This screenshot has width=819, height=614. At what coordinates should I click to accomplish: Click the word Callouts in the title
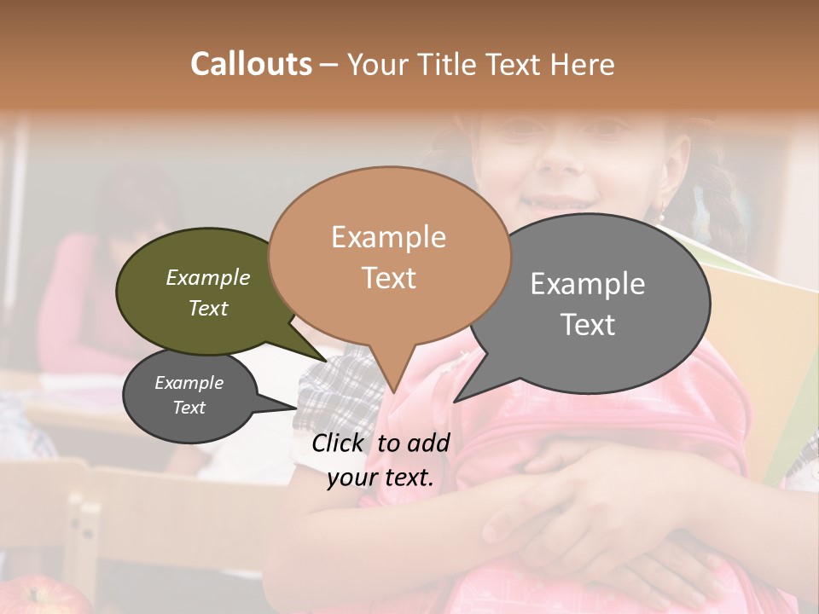point(251,64)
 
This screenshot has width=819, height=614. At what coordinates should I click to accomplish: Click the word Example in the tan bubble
point(388,236)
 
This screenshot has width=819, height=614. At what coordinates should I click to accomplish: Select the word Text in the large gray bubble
point(588,325)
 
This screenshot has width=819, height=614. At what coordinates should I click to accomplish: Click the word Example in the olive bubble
point(207,277)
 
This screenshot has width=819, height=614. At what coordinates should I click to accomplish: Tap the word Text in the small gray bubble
point(189,408)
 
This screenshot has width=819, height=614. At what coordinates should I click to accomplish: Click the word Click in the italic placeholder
point(340,443)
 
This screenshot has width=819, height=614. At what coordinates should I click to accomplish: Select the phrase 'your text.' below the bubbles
point(380,478)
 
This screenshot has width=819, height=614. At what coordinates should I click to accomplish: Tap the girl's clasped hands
point(597,512)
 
